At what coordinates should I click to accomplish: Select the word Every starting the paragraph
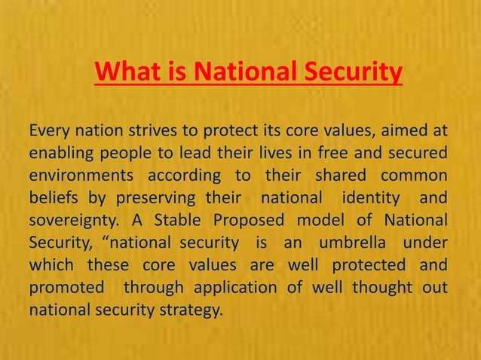tap(51, 133)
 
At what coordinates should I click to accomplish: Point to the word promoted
tap(65, 286)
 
